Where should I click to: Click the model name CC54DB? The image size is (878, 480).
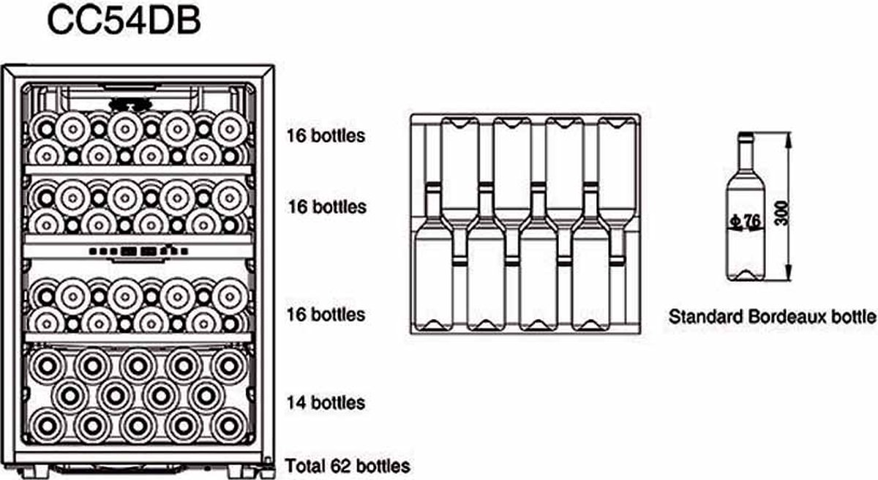coord(124,23)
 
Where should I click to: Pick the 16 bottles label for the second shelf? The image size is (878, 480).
coord(326,207)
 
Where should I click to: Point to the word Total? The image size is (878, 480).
coord(305,465)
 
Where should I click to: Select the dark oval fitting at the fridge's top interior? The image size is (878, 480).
coord(129,104)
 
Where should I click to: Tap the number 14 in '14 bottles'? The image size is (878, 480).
coord(295,402)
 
